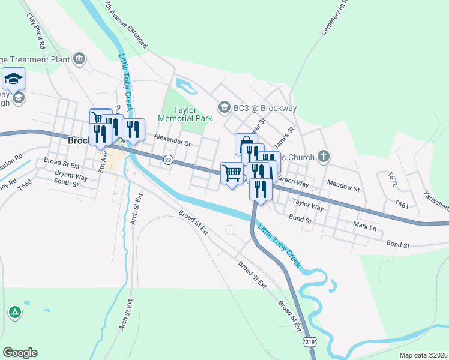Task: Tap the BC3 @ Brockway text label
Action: click(265, 108)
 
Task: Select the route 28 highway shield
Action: click(168, 160)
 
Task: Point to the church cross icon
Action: click(324, 157)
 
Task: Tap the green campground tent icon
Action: click(15, 313)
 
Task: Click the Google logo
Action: click(20, 353)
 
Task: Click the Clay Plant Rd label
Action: click(37, 31)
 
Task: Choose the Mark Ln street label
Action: click(364, 227)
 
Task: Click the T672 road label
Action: click(393, 178)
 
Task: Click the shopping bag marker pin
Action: click(246, 144)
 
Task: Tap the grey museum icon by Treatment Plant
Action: click(79, 58)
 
